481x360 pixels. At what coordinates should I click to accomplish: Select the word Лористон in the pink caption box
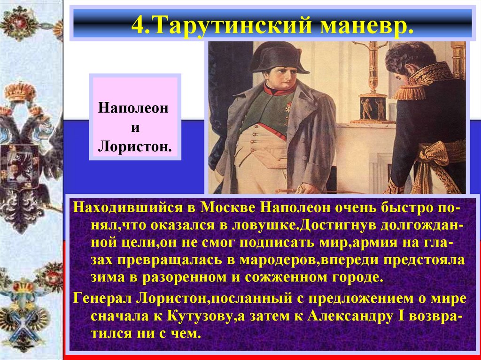point(134,147)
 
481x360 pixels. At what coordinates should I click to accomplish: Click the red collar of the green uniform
point(280,89)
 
